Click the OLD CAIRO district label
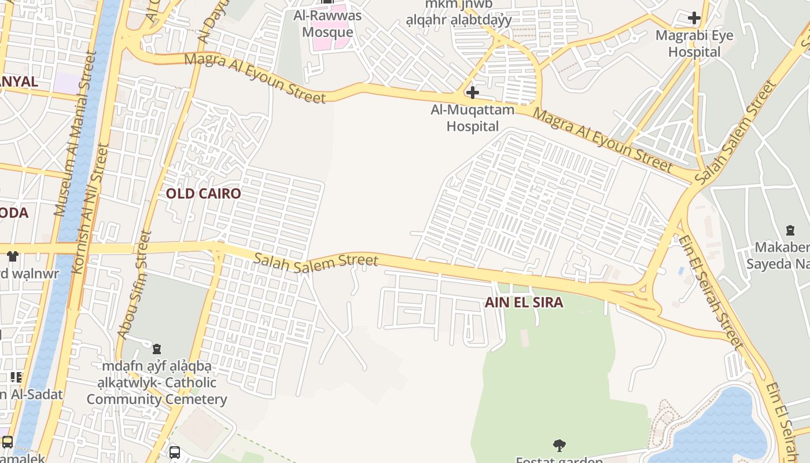click(x=203, y=193)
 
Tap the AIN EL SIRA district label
click(x=524, y=302)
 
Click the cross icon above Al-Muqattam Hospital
click(x=473, y=93)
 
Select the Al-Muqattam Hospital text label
click(x=473, y=117)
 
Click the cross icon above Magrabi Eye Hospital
click(x=694, y=18)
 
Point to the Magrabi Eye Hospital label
click(x=694, y=43)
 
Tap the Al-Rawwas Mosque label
click(x=327, y=23)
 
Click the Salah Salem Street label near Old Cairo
click(x=316, y=262)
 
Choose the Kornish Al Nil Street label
click(x=89, y=208)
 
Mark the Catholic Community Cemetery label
click(x=156, y=383)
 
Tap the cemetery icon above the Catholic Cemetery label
click(x=156, y=349)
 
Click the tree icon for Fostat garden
click(x=559, y=445)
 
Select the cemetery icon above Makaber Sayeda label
click(x=790, y=230)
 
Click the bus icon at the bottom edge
click(x=175, y=452)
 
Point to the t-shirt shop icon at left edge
click(x=13, y=256)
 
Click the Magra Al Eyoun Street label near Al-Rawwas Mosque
click(x=255, y=78)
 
